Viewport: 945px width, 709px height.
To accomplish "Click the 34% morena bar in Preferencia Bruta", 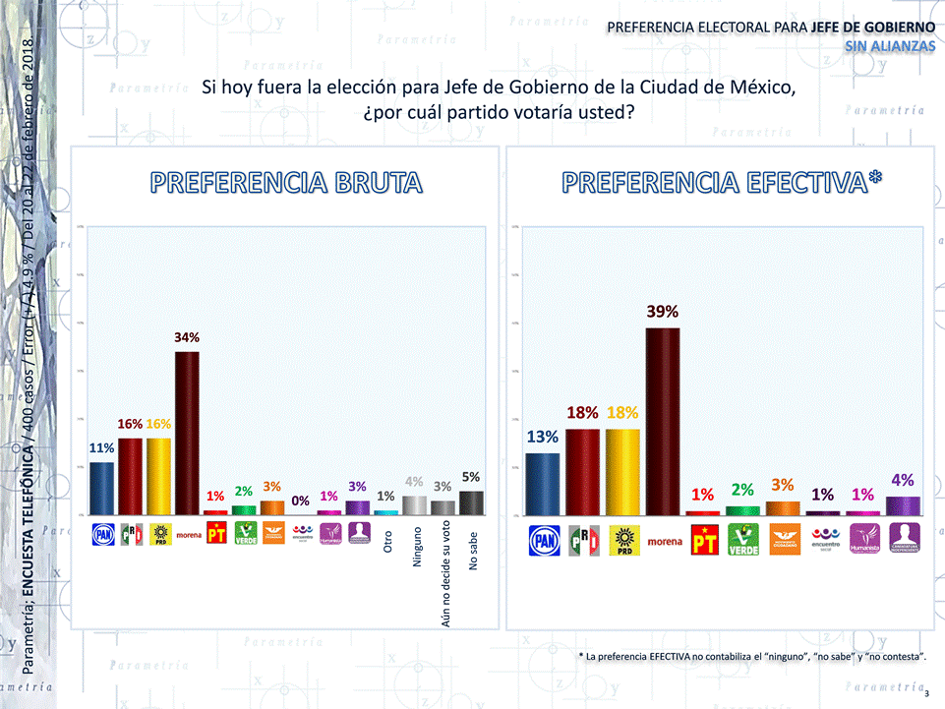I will [x=187, y=433].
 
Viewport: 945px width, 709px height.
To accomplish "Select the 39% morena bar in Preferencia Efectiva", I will [x=663, y=421].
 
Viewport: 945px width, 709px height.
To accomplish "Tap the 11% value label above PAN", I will [x=102, y=447].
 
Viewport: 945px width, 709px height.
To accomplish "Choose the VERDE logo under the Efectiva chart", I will [x=742, y=540].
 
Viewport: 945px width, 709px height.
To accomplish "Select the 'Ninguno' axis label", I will [x=416, y=550].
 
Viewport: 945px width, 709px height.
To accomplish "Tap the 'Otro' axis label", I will [x=387, y=542].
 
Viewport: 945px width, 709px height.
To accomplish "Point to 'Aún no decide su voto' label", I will [x=445, y=576].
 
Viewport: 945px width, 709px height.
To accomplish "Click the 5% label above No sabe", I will [x=471, y=477].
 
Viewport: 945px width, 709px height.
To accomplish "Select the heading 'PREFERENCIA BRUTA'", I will [x=286, y=182].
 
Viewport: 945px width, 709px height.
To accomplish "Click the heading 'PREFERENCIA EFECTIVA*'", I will [x=722, y=182].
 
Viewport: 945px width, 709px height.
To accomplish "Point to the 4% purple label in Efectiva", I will [x=903, y=480].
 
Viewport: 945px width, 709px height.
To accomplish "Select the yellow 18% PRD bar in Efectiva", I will [x=622, y=472].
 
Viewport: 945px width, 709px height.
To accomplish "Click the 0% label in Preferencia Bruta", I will [x=302, y=500].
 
